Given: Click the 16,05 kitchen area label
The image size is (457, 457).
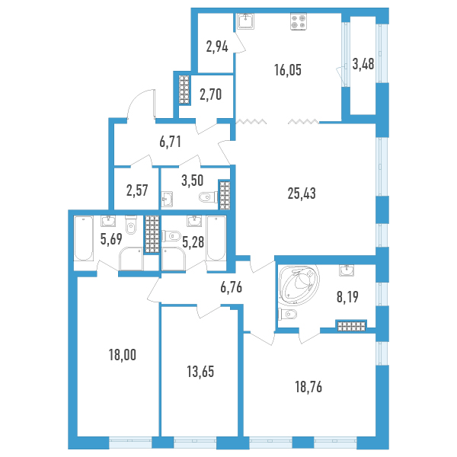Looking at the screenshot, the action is coord(288,70).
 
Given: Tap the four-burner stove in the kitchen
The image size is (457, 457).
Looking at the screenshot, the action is coord(298,21).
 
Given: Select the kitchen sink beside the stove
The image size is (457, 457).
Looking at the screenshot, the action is coord(246,21).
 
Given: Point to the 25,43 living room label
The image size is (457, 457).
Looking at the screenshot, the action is coord(302,193).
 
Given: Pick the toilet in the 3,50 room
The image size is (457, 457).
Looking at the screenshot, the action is coord(208,197).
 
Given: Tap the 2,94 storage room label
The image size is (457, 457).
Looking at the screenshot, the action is coord(217,46).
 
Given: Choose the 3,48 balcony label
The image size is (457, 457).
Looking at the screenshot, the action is coord(363,64).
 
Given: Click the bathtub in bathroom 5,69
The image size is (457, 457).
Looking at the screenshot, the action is coord(84,238).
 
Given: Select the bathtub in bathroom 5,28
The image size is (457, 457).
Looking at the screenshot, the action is coord(216,238).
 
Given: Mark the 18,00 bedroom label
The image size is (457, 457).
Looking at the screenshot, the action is coord(123,355).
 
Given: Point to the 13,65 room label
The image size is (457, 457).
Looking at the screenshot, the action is coord(200,372).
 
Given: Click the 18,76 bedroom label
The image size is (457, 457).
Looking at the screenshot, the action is coord(308,388).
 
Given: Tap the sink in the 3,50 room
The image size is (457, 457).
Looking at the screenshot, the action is coord(168,199).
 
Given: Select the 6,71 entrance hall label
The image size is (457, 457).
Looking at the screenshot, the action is coord(170,142).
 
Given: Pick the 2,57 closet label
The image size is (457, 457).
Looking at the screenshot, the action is coord(137,190).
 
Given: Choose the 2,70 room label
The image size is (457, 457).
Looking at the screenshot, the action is coord(210,94).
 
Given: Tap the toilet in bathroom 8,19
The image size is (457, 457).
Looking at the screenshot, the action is coord(288,314).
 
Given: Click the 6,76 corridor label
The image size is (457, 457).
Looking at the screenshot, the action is coord(231,287).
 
